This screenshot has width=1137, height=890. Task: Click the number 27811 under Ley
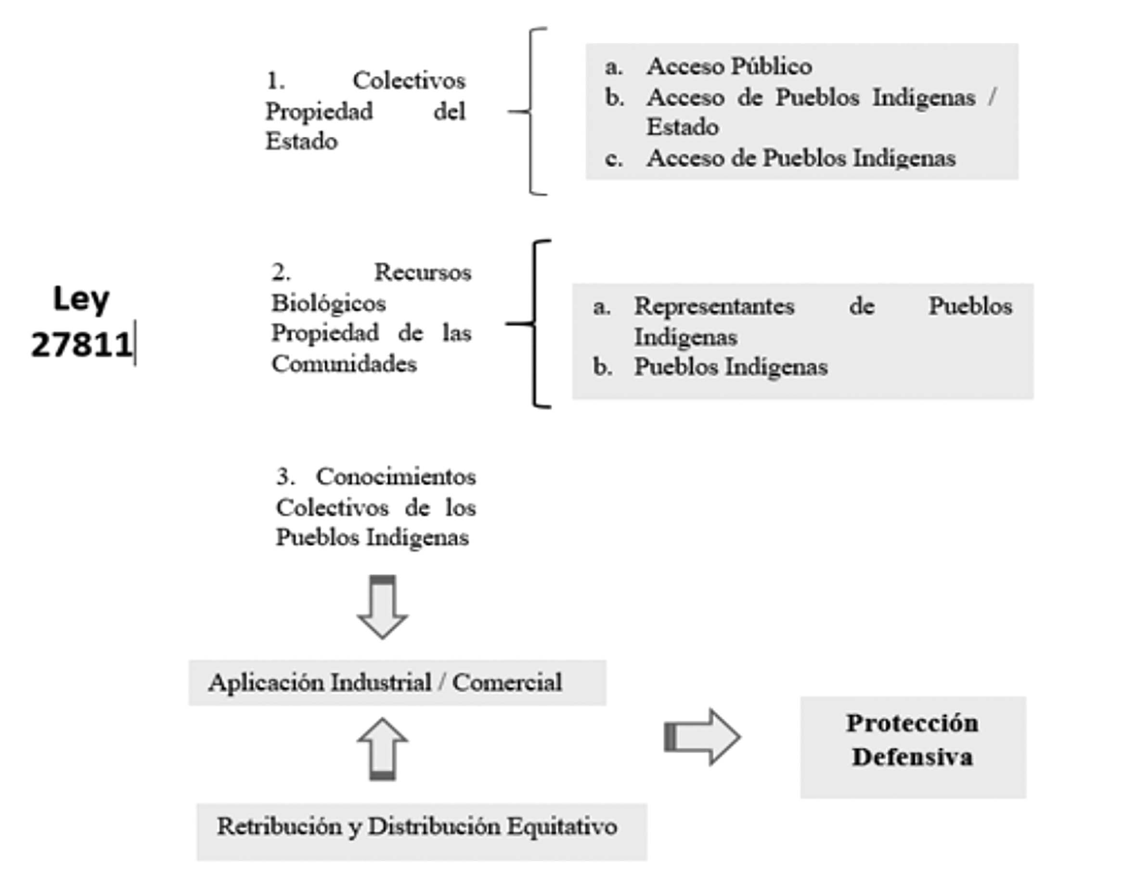81,344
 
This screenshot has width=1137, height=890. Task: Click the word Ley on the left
81,300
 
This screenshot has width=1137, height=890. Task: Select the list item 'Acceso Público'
729,66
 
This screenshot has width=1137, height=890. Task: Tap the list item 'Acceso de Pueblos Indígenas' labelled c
801,158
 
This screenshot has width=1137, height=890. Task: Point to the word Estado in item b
682,127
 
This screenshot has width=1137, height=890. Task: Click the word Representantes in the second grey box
714,306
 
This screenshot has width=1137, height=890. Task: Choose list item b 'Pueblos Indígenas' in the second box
730,367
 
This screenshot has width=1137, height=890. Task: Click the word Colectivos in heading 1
409,81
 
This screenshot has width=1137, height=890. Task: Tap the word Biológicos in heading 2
328,303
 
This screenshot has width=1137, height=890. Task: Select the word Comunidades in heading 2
344,364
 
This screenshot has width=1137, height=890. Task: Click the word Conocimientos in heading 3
396,476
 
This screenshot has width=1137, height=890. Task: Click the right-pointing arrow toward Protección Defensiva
702,737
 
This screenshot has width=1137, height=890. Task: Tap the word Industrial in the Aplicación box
381,682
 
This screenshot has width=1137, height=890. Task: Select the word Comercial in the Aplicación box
507,682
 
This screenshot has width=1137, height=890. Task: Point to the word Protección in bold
912,723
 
